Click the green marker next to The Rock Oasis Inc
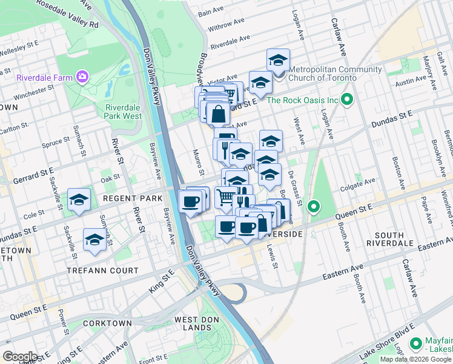pos(347,99)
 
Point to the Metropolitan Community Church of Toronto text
pos(334,73)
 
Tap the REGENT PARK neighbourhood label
pos(133,198)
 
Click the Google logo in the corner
pos(21,356)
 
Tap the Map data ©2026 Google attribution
pos(415,359)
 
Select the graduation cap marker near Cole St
pos(79,200)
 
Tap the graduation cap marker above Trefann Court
pos(94,240)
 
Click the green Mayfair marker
pos(415,344)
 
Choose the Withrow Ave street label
pos(226,25)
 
